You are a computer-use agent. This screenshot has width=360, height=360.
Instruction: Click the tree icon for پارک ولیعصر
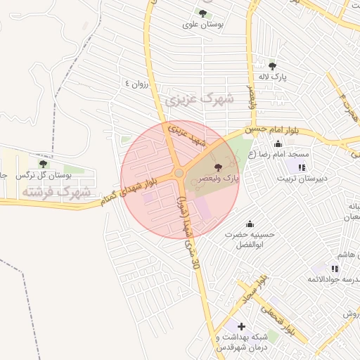217,167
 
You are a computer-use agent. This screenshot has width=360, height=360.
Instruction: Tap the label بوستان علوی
203,25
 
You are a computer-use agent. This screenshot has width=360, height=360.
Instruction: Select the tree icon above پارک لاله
272,66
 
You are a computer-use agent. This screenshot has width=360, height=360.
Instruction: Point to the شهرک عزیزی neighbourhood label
199,100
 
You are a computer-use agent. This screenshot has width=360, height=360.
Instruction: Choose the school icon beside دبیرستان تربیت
302,167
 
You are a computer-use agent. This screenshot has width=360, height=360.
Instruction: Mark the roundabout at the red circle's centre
179,173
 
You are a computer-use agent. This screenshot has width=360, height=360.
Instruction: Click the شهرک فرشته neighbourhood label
56,191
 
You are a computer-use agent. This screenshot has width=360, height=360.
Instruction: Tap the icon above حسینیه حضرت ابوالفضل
249,224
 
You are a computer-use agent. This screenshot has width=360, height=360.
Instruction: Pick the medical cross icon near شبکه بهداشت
242,326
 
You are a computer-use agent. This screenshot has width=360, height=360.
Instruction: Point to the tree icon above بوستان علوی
202,13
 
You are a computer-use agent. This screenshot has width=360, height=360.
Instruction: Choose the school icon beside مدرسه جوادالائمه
335,268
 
